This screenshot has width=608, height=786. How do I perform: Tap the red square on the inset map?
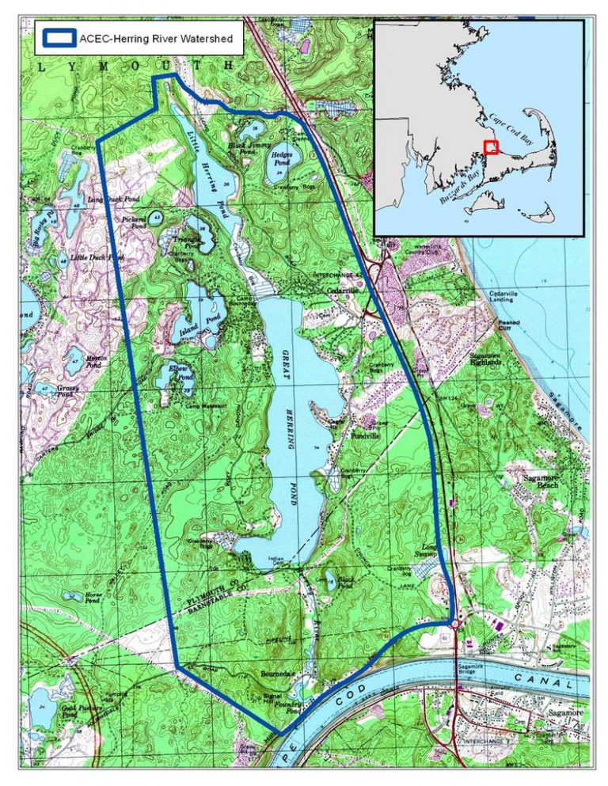point(491,148)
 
